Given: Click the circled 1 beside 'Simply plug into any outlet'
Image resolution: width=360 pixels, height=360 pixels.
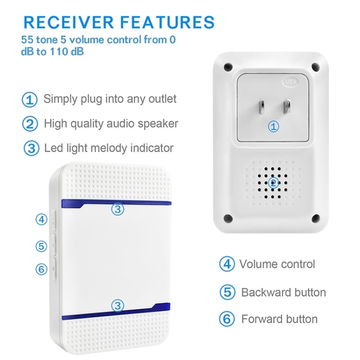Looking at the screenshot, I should [x=30, y=100].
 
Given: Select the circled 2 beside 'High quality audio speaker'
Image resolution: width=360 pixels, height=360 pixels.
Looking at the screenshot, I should [x=30, y=124].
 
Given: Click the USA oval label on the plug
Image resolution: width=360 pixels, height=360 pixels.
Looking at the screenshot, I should [x=290, y=81].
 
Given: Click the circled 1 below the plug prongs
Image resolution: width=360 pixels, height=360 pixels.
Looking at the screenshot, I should [x=273, y=127].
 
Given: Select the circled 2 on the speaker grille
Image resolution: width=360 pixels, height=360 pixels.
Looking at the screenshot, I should [x=273, y=182].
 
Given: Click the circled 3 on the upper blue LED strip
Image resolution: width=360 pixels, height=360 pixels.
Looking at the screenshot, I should [x=117, y=209].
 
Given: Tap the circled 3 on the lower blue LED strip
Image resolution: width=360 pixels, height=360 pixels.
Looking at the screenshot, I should [x=117, y=305].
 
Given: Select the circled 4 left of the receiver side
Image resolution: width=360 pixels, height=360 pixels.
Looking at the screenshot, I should [x=41, y=219].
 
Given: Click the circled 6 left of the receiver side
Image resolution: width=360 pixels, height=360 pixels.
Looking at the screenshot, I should [x=41, y=269].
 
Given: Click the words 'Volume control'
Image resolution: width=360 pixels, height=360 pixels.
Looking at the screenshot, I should [x=277, y=264].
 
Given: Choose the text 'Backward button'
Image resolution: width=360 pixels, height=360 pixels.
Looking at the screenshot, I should [x=283, y=292].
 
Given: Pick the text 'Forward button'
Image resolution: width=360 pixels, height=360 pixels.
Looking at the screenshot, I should [x=279, y=319].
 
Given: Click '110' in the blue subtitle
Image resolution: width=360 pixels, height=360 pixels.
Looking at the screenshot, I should [x=60, y=52].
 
